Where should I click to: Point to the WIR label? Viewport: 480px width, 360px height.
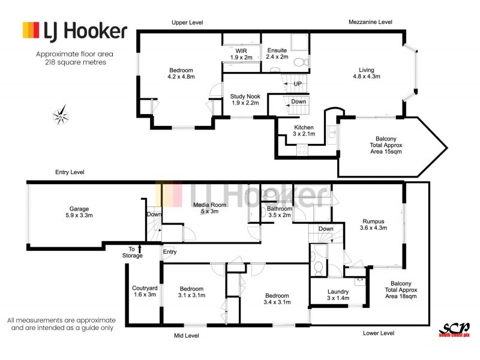pyautogui.click(x=241, y=53)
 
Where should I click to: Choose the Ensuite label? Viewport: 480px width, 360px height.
pyautogui.click(x=277, y=53)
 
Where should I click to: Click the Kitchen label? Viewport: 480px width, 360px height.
pyautogui.click(x=304, y=131)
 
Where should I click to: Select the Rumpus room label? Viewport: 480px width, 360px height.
pyautogui.click(x=373, y=224)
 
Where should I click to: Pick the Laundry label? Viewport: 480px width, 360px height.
pyautogui.click(x=338, y=295)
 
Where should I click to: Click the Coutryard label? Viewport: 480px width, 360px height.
pyautogui.click(x=144, y=292)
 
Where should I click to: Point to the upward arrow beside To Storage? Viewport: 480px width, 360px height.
pyautogui.click(x=140, y=248)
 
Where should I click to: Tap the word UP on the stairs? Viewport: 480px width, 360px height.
pyautogui.click(x=298, y=84)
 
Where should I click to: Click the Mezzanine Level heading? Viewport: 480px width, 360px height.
pyautogui.click(x=370, y=22)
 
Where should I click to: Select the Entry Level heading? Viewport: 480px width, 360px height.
pyautogui.click(x=70, y=172)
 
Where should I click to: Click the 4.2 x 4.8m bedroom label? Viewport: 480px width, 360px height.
pyautogui.click(x=181, y=73)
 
